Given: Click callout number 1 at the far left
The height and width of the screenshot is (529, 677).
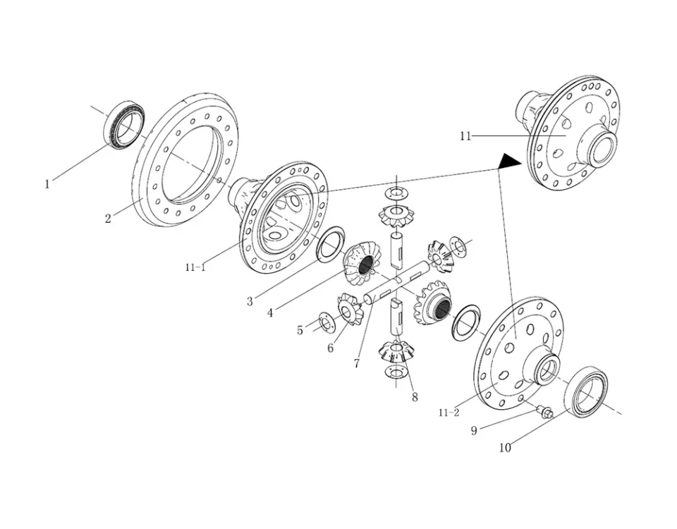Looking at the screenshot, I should pos(47,184).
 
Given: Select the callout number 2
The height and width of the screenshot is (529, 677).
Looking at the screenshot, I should pos(108,219).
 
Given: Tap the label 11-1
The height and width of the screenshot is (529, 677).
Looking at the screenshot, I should pos(195,267).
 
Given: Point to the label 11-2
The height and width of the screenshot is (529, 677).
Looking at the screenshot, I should pos(449,413).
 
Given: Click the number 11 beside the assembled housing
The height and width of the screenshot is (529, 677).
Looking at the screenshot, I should pos(465,136).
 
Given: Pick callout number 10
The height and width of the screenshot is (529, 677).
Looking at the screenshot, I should pos(505,448).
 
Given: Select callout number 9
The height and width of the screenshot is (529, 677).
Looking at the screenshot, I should pos(474,431).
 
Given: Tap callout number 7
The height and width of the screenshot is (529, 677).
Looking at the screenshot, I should pos(357,364).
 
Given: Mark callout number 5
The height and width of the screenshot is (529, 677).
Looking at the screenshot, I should pos(300,330).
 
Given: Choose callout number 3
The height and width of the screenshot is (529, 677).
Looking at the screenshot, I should pos(250,302).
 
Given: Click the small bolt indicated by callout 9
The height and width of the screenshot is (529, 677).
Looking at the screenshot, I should pos(544,411).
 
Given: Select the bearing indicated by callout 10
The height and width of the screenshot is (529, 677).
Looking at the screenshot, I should pos(586,392).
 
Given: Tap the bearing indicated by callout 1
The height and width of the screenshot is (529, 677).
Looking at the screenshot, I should pos(124,124).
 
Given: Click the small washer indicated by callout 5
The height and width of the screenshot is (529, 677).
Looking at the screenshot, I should pos(325,322).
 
